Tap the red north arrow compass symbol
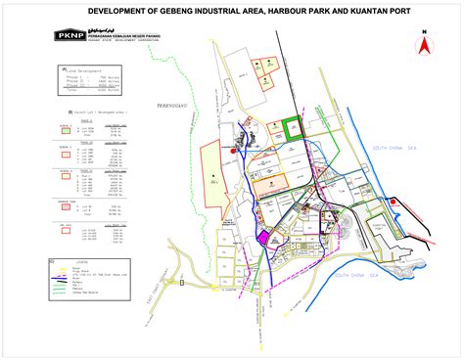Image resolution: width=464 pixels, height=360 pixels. tap(424, 42)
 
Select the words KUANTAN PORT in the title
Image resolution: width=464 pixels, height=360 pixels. tap(375, 11)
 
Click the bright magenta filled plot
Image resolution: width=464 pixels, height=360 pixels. tap(262, 236)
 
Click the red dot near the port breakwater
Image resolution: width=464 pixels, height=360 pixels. tap(393, 202)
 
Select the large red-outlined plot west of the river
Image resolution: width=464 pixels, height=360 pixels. tap(213, 173)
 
